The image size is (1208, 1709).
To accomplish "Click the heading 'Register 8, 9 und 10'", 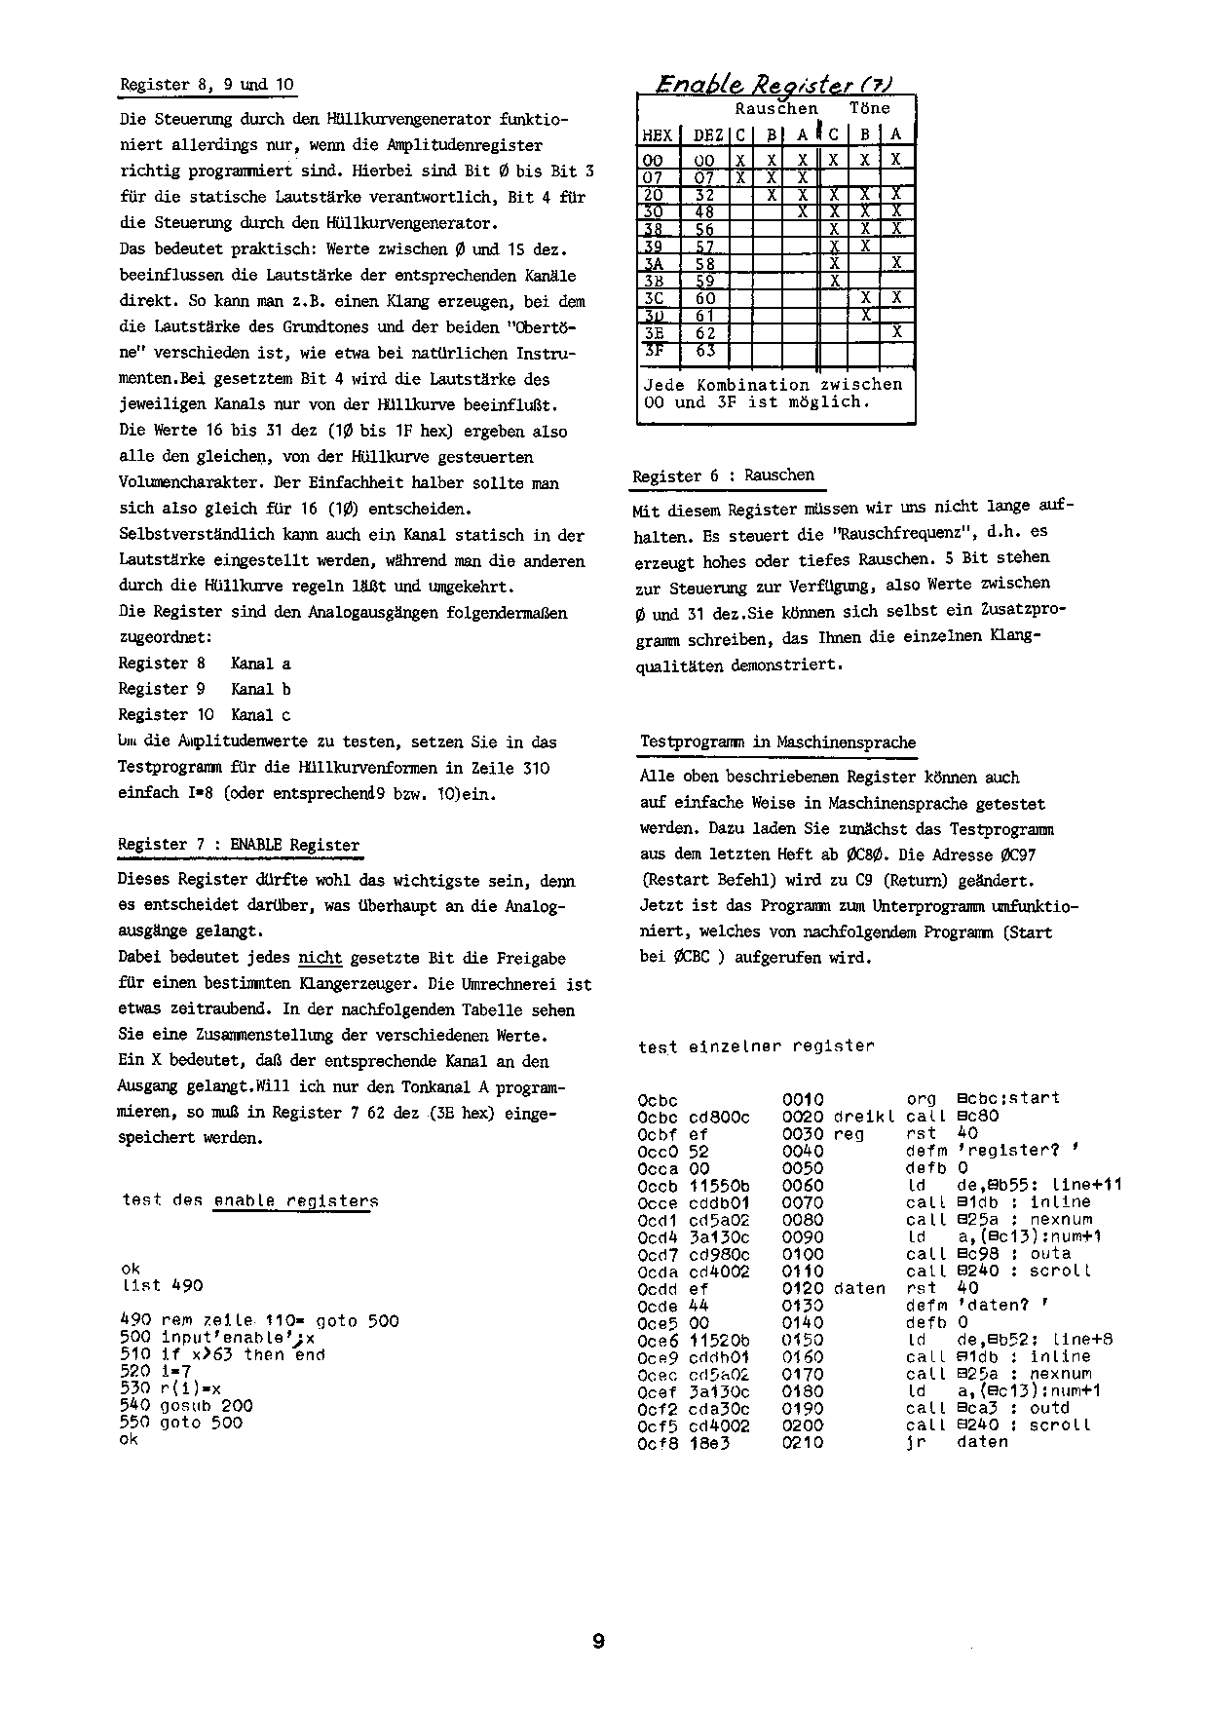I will pos(207,85).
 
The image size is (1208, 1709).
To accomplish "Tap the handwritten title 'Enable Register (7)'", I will pos(774,84).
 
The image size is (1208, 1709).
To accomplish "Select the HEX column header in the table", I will pos(658,135).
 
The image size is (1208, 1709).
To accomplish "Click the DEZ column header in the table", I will pos(708,135).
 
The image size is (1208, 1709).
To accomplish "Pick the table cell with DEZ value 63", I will pos(705,350).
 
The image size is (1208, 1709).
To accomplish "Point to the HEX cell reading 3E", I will pos(653,332).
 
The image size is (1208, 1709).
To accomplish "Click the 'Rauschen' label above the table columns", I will pos(776,108).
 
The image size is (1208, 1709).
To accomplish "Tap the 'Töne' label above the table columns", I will pos(869,108).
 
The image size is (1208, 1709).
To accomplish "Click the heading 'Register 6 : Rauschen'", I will pos(723,475).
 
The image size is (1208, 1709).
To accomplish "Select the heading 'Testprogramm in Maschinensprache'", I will pos(777,741).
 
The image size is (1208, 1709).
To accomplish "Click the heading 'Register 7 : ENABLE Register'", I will pos(239,845).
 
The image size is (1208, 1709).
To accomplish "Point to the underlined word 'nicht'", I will pos(321,958).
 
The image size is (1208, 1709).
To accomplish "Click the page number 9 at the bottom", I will pos(598,1642).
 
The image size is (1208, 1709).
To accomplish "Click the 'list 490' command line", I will pos(162,1285).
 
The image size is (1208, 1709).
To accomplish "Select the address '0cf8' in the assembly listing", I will pos(658,1442).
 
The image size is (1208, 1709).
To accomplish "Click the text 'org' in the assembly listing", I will pos(922,1098).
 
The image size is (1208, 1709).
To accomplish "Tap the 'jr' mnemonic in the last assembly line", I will pos(914,1442).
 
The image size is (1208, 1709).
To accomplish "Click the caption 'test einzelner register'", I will pos(756,1046).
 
